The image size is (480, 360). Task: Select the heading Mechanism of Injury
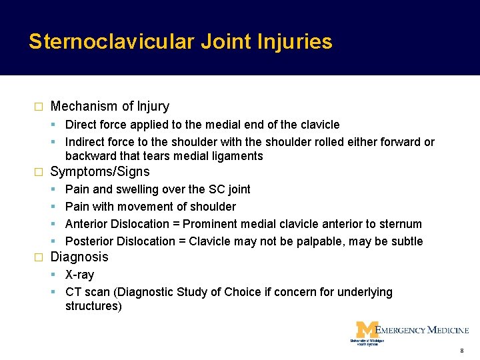[110, 107]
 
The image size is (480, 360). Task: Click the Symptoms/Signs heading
[100, 172]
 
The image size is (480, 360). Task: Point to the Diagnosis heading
[79, 257]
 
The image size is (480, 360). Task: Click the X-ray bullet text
[79, 275]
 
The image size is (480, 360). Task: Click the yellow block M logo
[366, 330]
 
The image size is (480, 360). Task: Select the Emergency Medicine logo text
[422, 330]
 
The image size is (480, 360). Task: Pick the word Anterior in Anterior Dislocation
[89, 224]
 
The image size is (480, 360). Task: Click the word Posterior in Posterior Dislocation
[89, 241]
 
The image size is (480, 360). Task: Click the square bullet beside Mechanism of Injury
[38, 107]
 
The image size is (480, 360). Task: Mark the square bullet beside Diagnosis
[38, 257]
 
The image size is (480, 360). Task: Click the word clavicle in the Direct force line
[319, 125]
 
